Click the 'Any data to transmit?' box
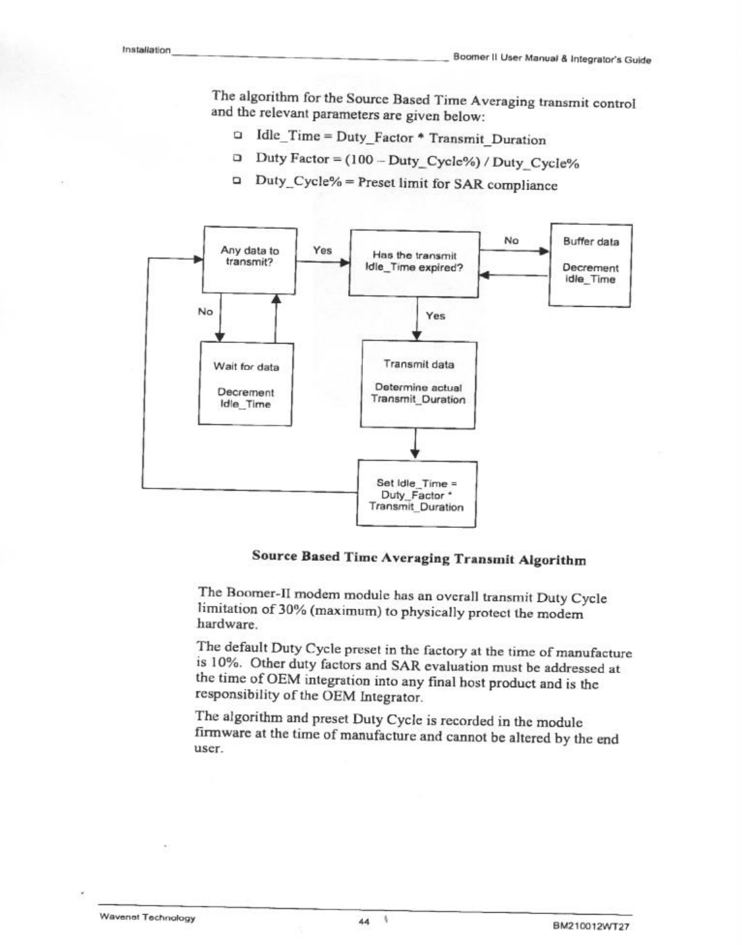(250, 260)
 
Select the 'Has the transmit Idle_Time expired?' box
(414, 264)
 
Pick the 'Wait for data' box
(245, 384)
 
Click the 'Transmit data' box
(418, 384)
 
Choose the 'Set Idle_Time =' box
(417, 494)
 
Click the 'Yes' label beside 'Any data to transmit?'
(322, 251)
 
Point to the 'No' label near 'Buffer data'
(511, 240)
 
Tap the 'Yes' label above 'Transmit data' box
(436, 316)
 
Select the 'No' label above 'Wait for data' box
(205, 312)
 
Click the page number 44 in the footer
(364, 922)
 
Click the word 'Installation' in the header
(146, 50)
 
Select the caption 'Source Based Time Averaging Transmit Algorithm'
(418, 558)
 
